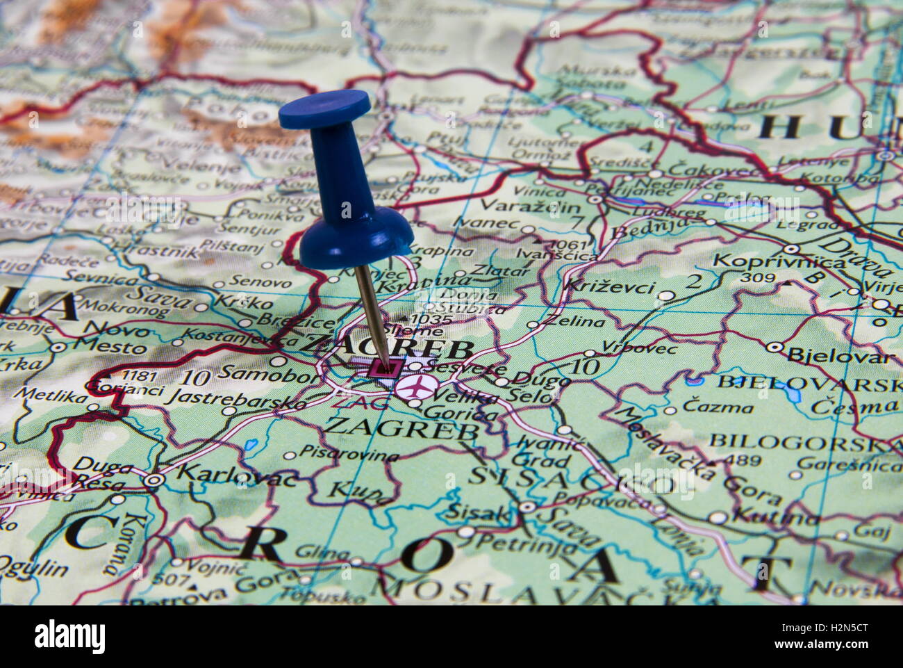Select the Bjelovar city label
tap(841, 357)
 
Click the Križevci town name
tap(609, 286)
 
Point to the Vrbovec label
tap(639, 347)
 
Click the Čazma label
tap(718, 406)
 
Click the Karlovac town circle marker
tap(155, 480)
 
